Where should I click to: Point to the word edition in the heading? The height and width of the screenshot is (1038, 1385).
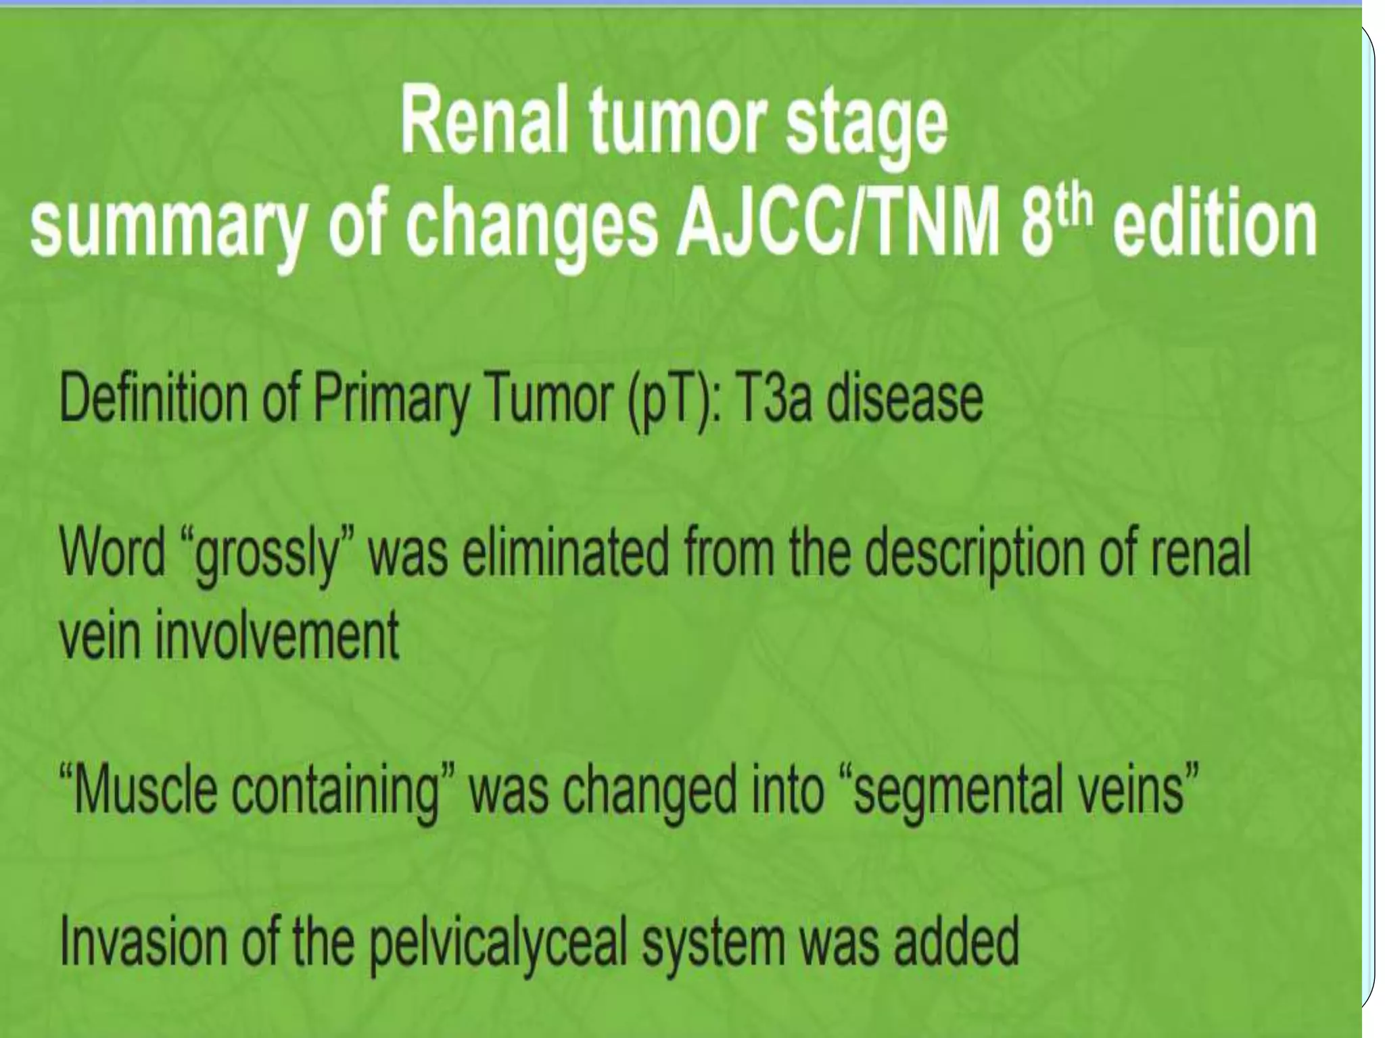(x=1215, y=221)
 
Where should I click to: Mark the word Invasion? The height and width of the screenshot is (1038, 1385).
(x=143, y=943)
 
